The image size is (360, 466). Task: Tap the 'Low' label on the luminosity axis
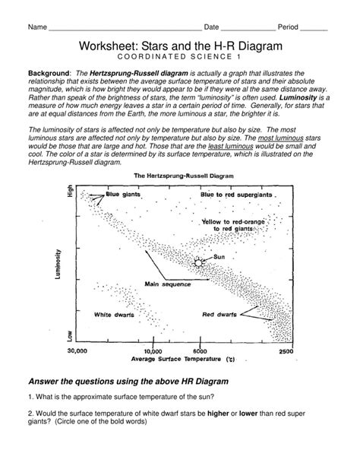[70, 335]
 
